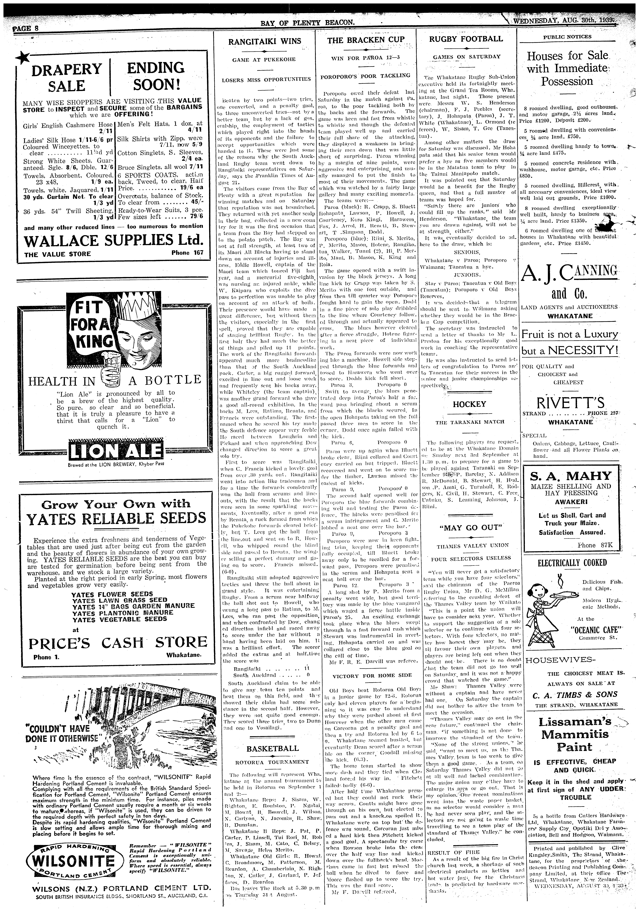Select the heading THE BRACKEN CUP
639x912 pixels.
pyautogui.click(x=366, y=40)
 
